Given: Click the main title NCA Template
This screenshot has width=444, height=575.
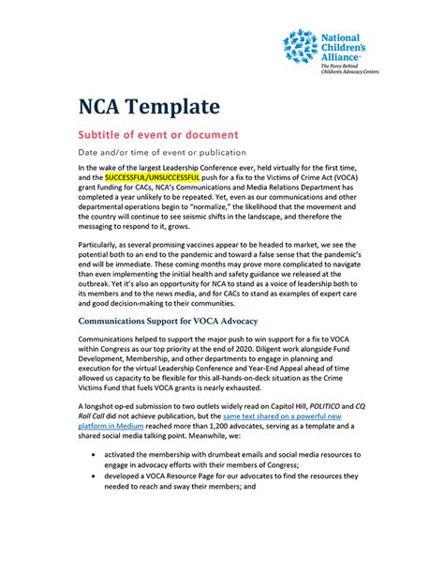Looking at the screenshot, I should [x=149, y=105].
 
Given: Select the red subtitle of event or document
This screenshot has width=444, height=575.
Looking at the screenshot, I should [x=158, y=134].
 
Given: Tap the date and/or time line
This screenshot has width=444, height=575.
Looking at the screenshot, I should [x=162, y=152].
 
